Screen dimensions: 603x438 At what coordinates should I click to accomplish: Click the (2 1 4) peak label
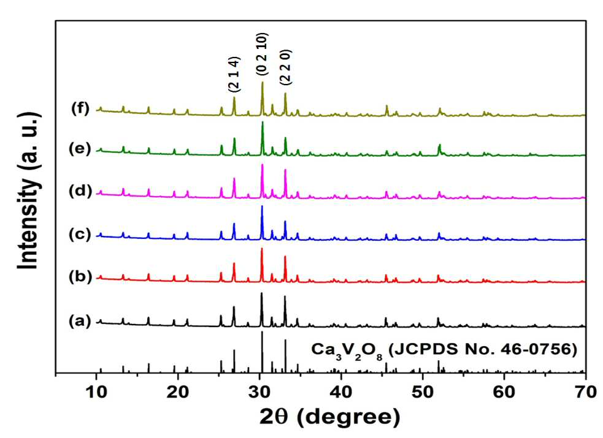tap(234, 75)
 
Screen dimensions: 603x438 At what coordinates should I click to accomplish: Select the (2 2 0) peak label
tap(285, 67)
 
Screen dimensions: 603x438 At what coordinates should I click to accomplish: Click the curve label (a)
tap(80, 320)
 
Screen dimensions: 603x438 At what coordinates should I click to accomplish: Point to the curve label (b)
tap(80, 276)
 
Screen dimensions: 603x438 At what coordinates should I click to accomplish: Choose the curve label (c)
tap(80, 234)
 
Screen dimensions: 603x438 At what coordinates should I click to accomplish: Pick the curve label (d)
tap(80, 191)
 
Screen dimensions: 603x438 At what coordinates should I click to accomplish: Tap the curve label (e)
tap(80, 149)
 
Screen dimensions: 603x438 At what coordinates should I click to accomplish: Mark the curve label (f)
tap(80, 108)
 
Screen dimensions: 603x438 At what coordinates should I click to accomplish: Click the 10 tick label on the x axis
tap(96, 392)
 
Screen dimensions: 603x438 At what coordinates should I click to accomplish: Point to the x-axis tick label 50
tap(423, 392)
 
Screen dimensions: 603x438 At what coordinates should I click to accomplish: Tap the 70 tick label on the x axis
tap(586, 392)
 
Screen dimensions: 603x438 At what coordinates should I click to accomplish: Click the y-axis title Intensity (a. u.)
tap(29, 191)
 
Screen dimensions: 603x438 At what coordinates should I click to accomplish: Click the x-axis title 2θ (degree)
tap(330, 417)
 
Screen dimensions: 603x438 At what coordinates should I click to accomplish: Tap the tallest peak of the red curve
tap(262, 249)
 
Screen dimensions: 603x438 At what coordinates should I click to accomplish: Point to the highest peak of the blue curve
tap(262, 206)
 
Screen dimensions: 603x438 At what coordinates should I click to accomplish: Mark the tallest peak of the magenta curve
tap(263, 165)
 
